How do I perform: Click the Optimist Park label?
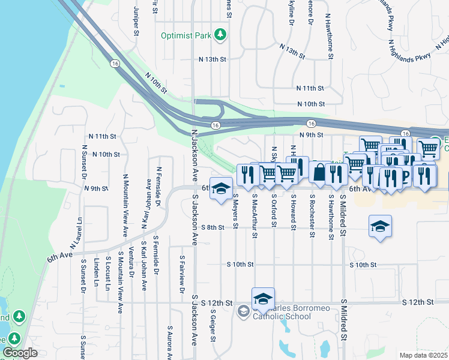(186, 35)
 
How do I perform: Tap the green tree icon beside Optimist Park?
(221, 35)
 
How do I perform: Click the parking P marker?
(404, 176)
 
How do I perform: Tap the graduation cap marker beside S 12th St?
(263, 298)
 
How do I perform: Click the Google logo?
(19, 353)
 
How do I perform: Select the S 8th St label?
(212, 227)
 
